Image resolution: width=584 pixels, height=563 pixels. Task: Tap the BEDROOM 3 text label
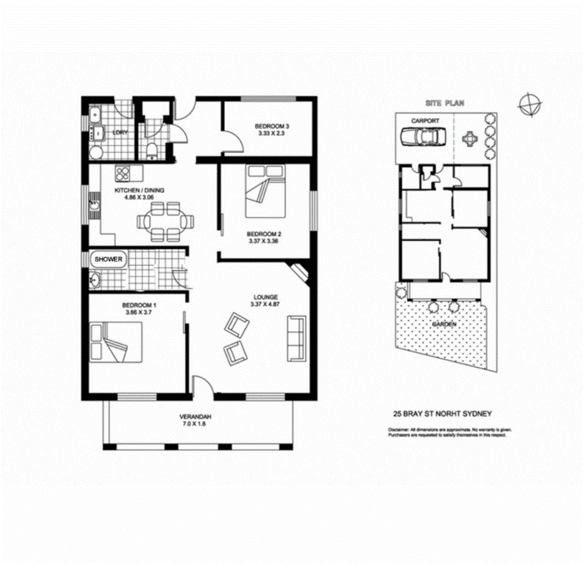pyautogui.click(x=272, y=128)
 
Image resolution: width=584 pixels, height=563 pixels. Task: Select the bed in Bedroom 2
pyautogui.click(x=261, y=192)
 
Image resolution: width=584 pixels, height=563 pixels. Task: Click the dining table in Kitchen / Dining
pyautogui.click(x=164, y=221)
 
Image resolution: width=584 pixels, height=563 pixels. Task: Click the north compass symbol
pyautogui.click(x=530, y=104)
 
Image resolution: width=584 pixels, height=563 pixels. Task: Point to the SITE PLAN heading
pyautogui.click(x=444, y=104)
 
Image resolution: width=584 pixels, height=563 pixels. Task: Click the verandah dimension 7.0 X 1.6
pyautogui.click(x=195, y=424)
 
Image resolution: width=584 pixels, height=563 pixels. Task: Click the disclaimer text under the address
pyautogui.click(x=450, y=432)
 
